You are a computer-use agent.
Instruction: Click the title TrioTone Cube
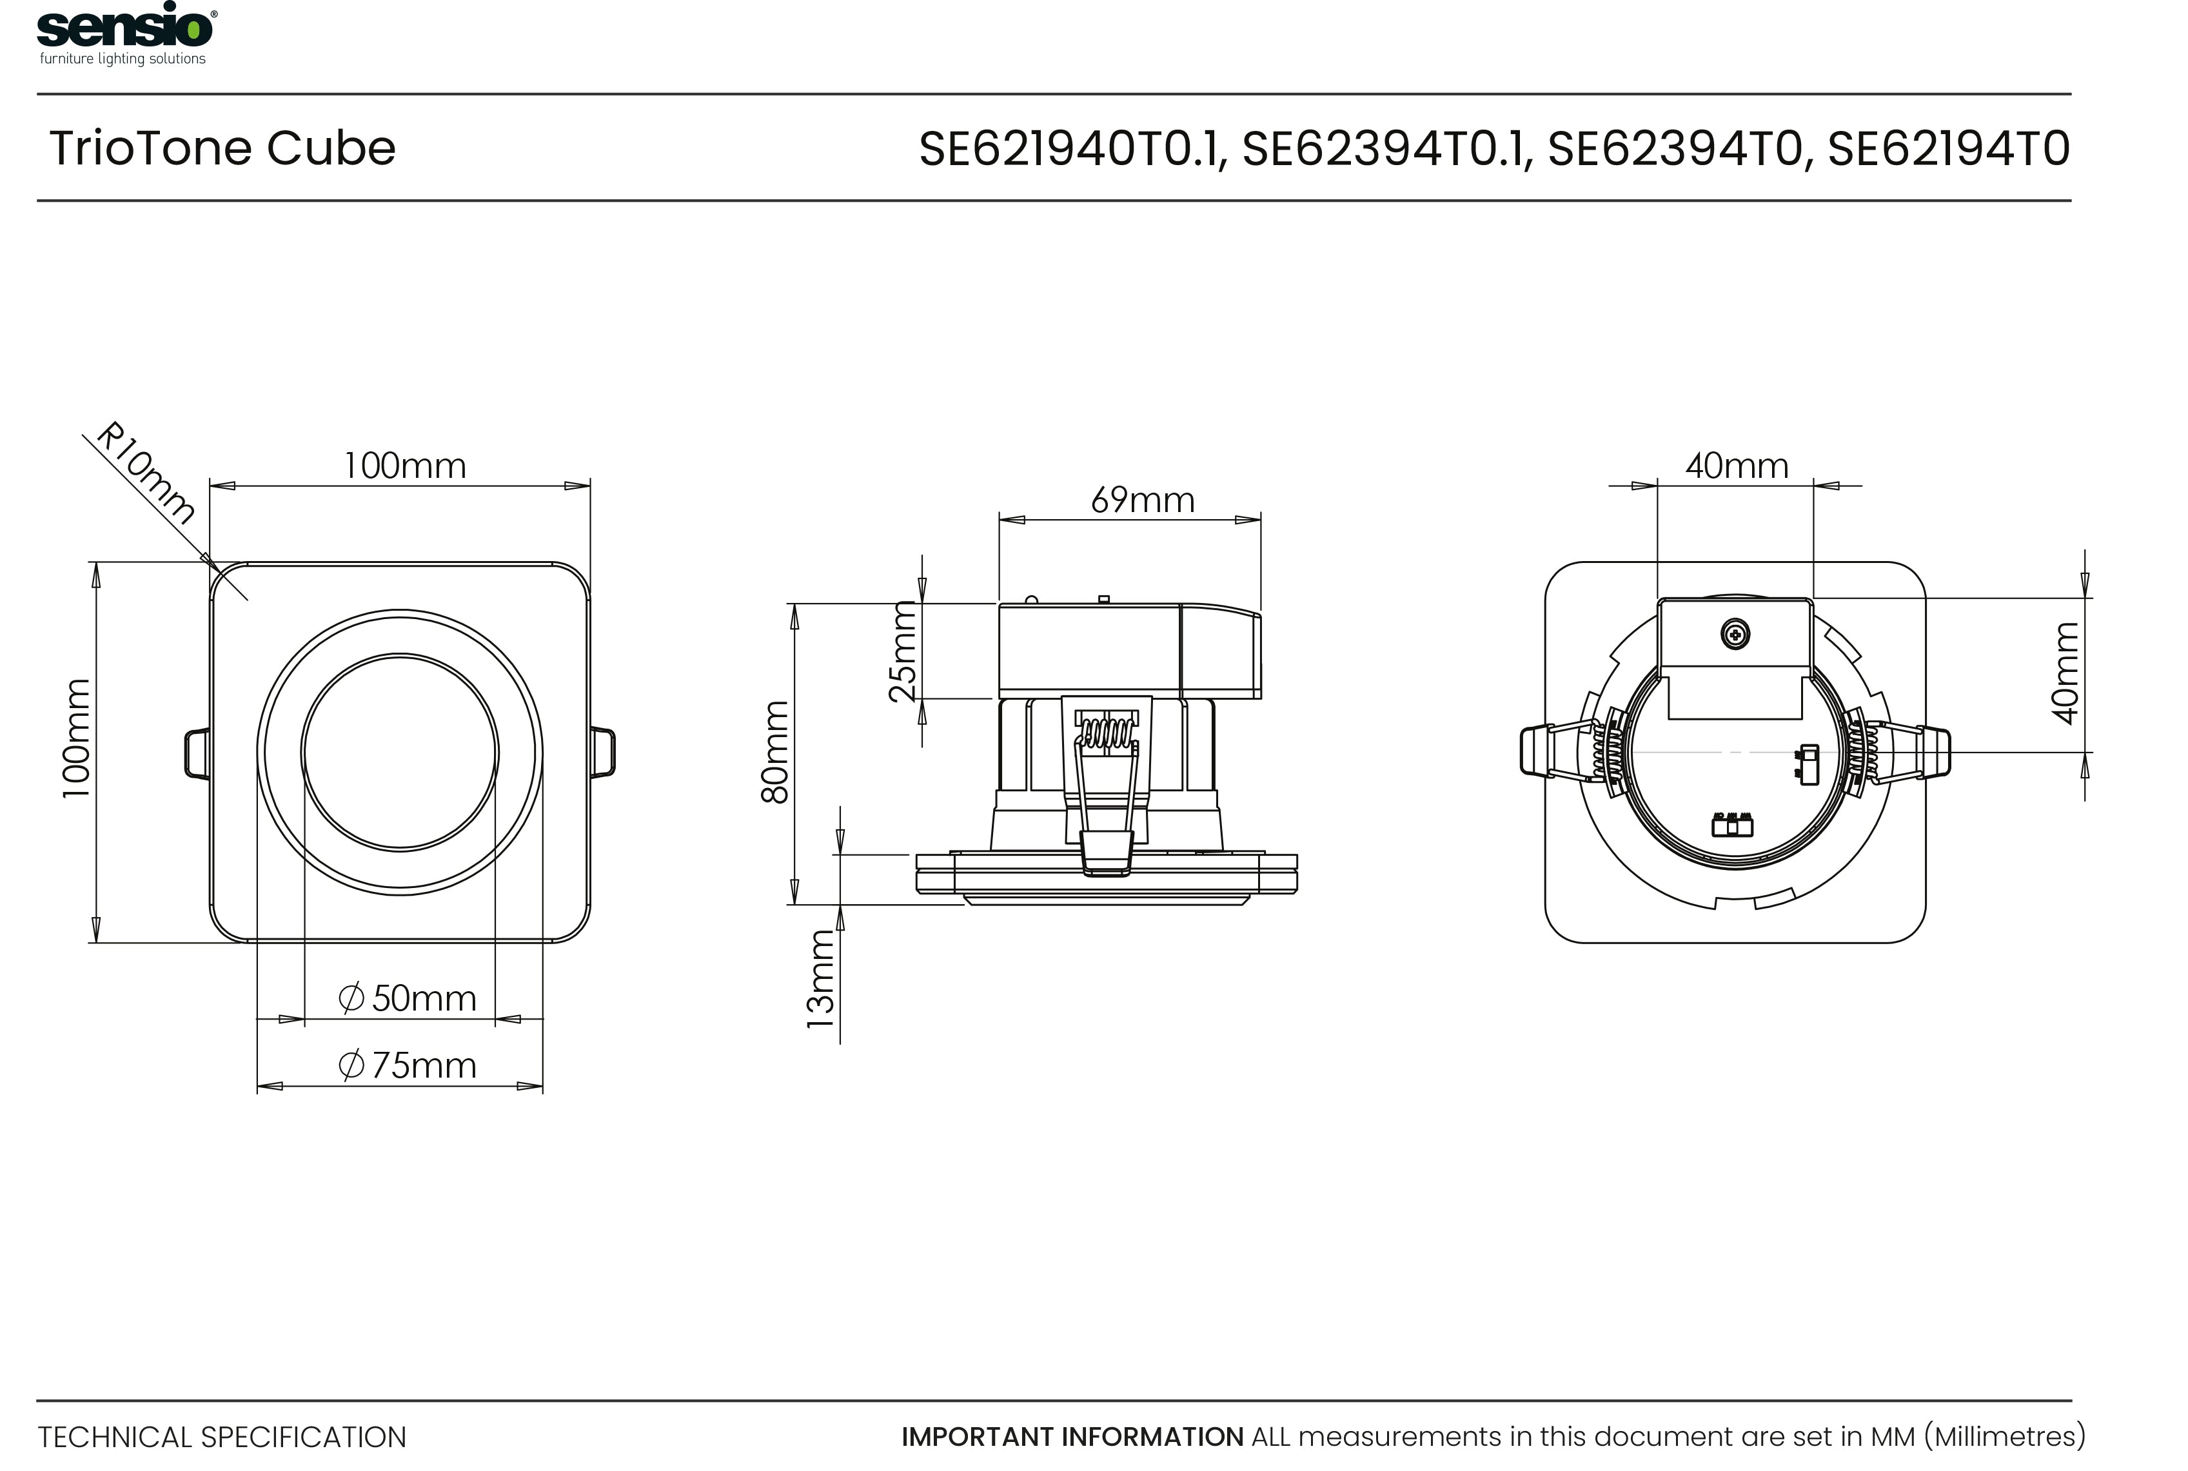(x=222, y=148)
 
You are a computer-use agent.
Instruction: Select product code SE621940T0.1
(x=1072, y=149)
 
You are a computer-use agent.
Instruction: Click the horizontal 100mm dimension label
(x=404, y=466)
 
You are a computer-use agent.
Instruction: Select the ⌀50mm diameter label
(x=407, y=998)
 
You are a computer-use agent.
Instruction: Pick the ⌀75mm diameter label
(x=407, y=1066)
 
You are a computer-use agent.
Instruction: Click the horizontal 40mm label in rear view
(x=1736, y=466)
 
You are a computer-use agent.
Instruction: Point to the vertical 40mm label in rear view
(x=2065, y=673)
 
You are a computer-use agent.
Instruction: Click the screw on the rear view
(x=1735, y=635)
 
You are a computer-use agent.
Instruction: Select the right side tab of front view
(x=603, y=753)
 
